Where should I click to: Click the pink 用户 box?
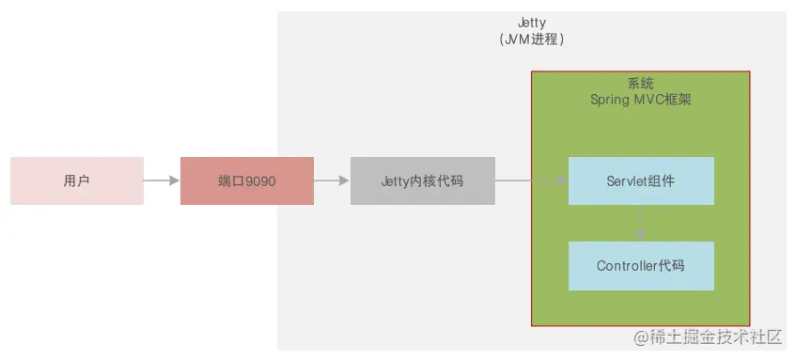77,180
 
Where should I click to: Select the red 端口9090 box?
246,180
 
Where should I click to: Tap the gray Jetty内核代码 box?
422,180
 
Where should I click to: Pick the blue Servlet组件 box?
641,180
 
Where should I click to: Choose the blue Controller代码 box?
641,266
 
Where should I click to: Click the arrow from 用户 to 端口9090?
162,180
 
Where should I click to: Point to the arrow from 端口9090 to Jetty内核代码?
332,180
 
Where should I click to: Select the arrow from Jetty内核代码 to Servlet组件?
531,180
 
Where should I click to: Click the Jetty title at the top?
532,23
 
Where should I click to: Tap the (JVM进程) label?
532,40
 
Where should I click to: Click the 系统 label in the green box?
640,83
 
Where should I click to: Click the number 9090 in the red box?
260,180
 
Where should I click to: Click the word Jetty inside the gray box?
396,180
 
